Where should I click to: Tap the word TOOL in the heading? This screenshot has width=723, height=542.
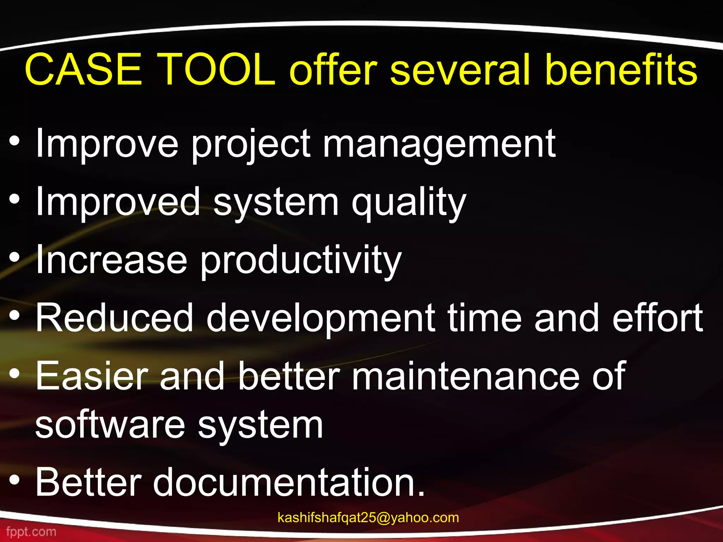pos(218,70)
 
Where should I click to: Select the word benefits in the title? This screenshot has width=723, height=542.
pos(621,70)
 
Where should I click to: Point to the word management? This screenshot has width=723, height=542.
pos(439,144)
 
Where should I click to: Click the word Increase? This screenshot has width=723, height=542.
pos(111,260)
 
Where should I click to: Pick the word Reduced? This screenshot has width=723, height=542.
pos(114,318)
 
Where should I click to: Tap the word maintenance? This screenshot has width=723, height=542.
pos(466,376)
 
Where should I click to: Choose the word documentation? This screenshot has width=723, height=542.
pos(289,482)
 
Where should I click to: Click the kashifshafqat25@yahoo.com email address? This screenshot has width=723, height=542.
pos(368,518)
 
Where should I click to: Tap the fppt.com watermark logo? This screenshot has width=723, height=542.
pos(31,531)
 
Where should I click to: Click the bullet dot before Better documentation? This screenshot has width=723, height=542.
pos(14,480)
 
